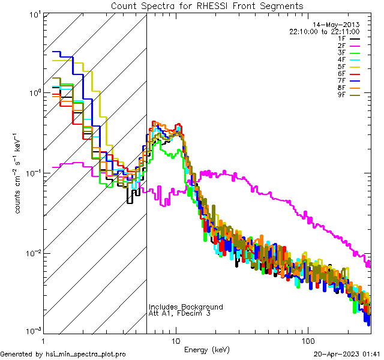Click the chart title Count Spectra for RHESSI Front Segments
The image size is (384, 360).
[207, 6]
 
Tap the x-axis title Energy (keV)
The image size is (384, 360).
[206, 349]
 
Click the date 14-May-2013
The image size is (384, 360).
[346, 25]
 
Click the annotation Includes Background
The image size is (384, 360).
[186, 307]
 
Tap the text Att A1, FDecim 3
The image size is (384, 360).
[179, 313]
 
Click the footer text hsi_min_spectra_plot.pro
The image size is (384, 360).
[86, 354]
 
